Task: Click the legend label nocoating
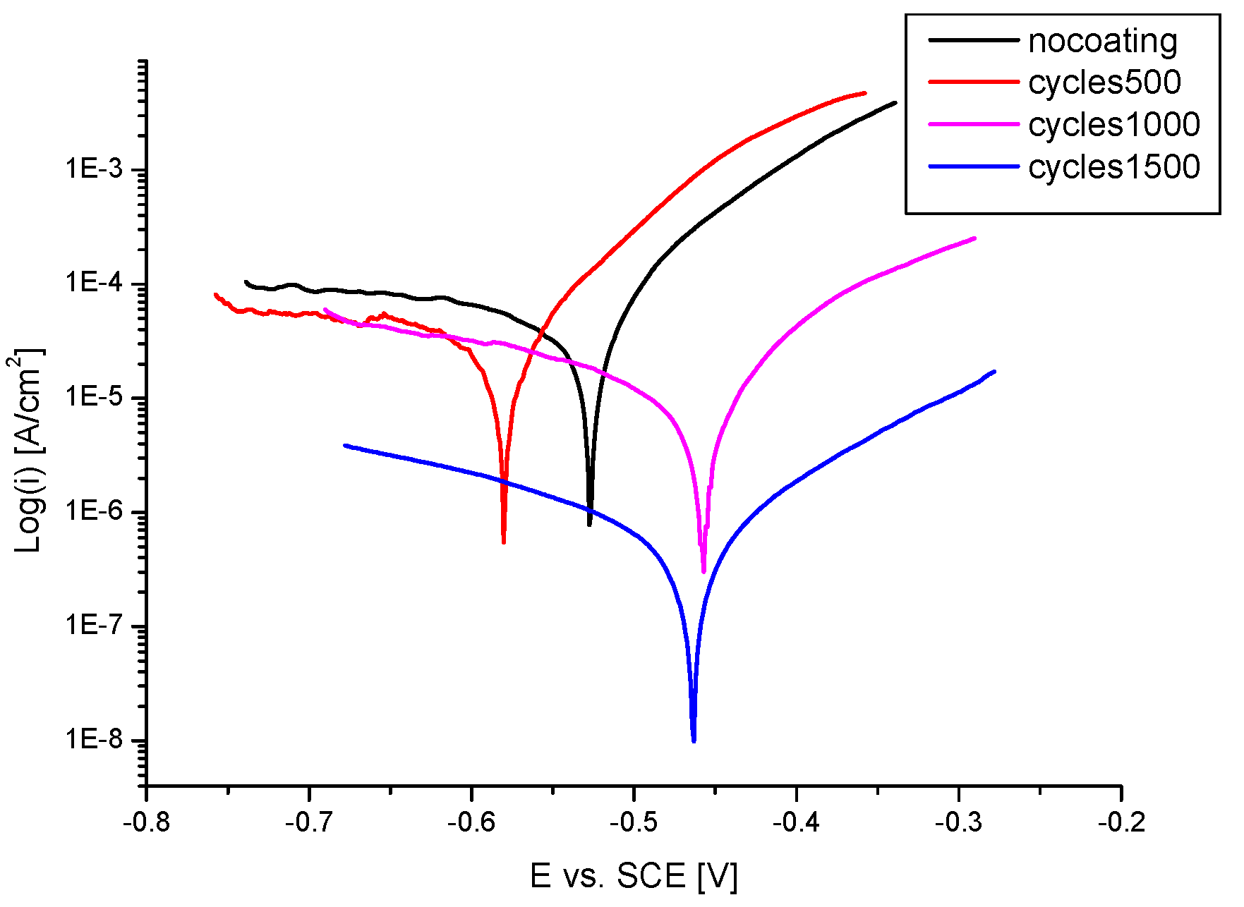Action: pyautogui.click(x=1102, y=41)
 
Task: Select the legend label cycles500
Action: pyautogui.click(x=1104, y=83)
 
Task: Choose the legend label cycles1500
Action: pyautogui.click(x=1113, y=167)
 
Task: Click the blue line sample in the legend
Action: pyautogui.click(x=974, y=167)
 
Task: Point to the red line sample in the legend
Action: pyautogui.click(x=974, y=83)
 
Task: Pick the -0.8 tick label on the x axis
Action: pyautogui.click(x=146, y=822)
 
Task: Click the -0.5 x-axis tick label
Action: pyautogui.click(x=633, y=822)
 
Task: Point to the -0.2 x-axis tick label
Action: pyautogui.click(x=1121, y=822)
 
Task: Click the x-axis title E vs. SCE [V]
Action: pyautogui.click(x=633, y=876)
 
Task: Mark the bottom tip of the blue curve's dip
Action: pyautogui.click(x=694, y=741)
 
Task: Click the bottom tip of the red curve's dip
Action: pyautogui.click(x=503, y=542)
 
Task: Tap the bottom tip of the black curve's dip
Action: pyautogui.click(x=589, y=524)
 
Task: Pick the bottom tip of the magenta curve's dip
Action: pyautogui.click(x=703, y=571)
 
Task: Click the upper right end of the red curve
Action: pyautogui.click(x=864, y=93)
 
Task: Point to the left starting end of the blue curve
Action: pyautogui.click(x=345, y=445)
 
